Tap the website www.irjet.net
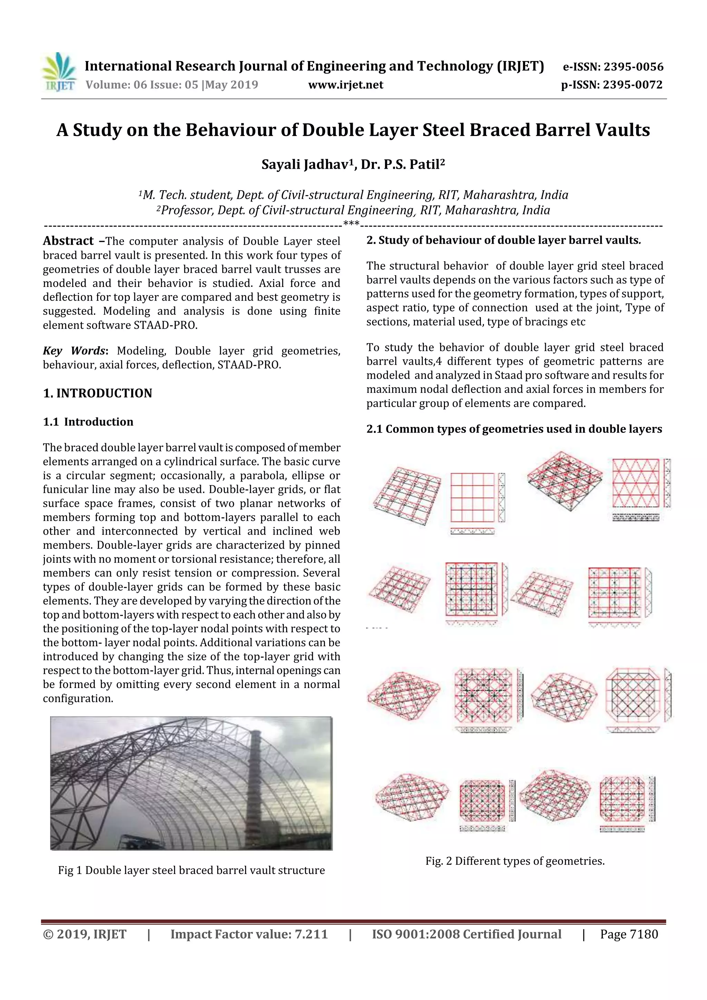tap(346, 85)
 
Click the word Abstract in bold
tap(68, 241)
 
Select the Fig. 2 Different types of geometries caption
tap(515, 861)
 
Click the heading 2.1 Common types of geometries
tap(514, 429)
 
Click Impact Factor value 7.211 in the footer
tap(249, 934)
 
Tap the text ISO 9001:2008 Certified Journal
tap(466, 934)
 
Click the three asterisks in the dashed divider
tap(351, 224)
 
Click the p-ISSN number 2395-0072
tap(632, 85)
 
